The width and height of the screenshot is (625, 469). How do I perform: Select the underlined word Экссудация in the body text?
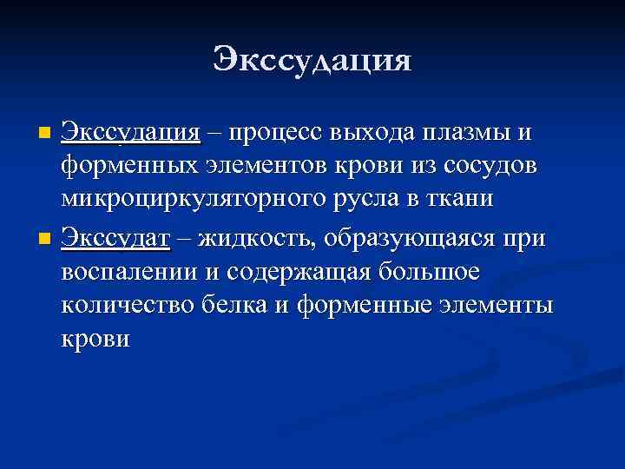click(x=131, y=133)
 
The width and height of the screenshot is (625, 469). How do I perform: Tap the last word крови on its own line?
click(x=95, y=339)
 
